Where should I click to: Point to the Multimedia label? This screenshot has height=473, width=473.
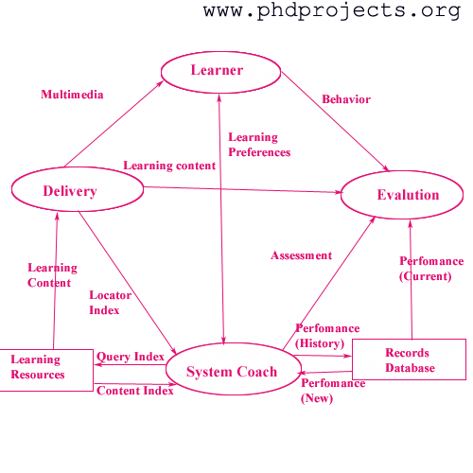click(x=72, y=95)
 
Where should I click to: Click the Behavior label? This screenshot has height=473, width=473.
click(x=346, y=99)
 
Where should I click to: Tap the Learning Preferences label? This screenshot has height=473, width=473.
click(x=259, y=145)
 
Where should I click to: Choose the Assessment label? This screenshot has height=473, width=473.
click(x=302, y=255)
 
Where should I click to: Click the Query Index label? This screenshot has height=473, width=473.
click(x=131, y=357)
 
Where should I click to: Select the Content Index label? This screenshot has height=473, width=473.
click(x=135, y=391)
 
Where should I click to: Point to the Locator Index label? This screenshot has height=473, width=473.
click(x=110, y=303)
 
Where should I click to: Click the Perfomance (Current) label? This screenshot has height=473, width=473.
click(x=431, y=269)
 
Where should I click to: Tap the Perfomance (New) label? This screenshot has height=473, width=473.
click(x=333, y=391)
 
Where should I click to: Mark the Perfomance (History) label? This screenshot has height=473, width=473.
click(x=327, y=336)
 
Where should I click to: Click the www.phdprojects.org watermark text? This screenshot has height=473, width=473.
click(x=332, y=10)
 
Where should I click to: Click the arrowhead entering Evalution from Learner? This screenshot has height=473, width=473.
click(x=386, y=168)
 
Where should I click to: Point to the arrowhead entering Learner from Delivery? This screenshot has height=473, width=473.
click(x=161, y=83)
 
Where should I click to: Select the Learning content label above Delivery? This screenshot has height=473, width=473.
click(x=169, y=166)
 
